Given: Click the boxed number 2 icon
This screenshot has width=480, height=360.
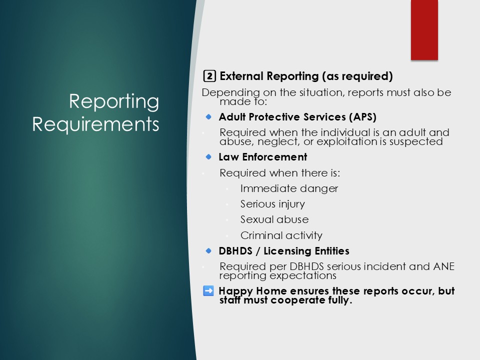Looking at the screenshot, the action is click(x=209, y=76).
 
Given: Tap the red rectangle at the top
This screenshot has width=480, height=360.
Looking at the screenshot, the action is click(x=424, y=29).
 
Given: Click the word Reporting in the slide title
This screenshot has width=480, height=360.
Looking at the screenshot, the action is click(x=114, y=101).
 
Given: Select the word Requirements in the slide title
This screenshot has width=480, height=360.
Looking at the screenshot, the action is click(x=95, y=124).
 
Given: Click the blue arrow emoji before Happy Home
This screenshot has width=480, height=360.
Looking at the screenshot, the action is click(x=208, y=291).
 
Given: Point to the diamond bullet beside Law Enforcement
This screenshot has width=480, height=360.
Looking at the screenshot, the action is click(x=208, y=156).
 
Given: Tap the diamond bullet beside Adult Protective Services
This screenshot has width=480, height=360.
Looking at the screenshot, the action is click(x=208, y=116).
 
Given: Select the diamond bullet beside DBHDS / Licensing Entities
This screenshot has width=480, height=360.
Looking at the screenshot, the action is click(x=208, y=250).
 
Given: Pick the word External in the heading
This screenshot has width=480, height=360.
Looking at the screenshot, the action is click(x=242, y=76).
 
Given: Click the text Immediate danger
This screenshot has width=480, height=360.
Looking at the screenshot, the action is click(x=289, y=188).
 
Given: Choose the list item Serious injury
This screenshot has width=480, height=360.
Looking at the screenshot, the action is click(x=272, y=204).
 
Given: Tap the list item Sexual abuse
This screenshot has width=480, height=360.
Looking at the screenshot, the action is click(x=274, y=219).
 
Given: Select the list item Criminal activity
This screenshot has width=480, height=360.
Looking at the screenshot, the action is click(x=281, y=235).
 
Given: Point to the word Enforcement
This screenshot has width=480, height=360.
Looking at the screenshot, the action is click(x=274, y=157).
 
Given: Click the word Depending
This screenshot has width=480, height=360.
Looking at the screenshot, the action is click(x=231, y=92).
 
